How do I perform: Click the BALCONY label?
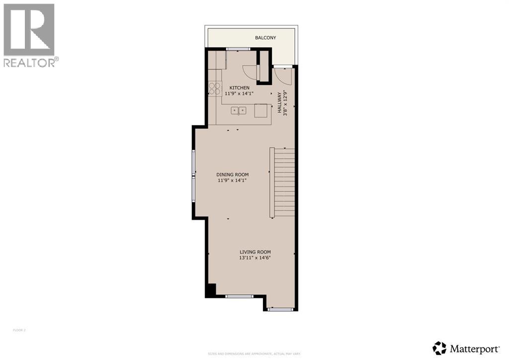[x=265, y=38]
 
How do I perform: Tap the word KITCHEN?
[x=239, y=88]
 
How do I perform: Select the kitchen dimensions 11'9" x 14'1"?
[x=239, y=93]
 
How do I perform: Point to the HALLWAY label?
[x=280, y=103]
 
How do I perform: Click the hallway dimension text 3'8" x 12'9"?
[x=285, y=103]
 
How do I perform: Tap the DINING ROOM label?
[x=232, y=175]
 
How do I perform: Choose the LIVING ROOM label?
[x=255, y=252]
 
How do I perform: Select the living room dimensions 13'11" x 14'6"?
[x=255, y=258]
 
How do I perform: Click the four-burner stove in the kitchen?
[x=215, y=89]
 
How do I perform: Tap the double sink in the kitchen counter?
[x=239, y=110]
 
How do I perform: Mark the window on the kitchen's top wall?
[x=238, y=49]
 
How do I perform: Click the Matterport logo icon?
[x=439, y=348]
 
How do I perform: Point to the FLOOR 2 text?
[x=19, y=330]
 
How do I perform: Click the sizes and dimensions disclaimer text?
[x=254, y=354]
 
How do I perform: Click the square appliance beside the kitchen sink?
[x=261, y=110]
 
